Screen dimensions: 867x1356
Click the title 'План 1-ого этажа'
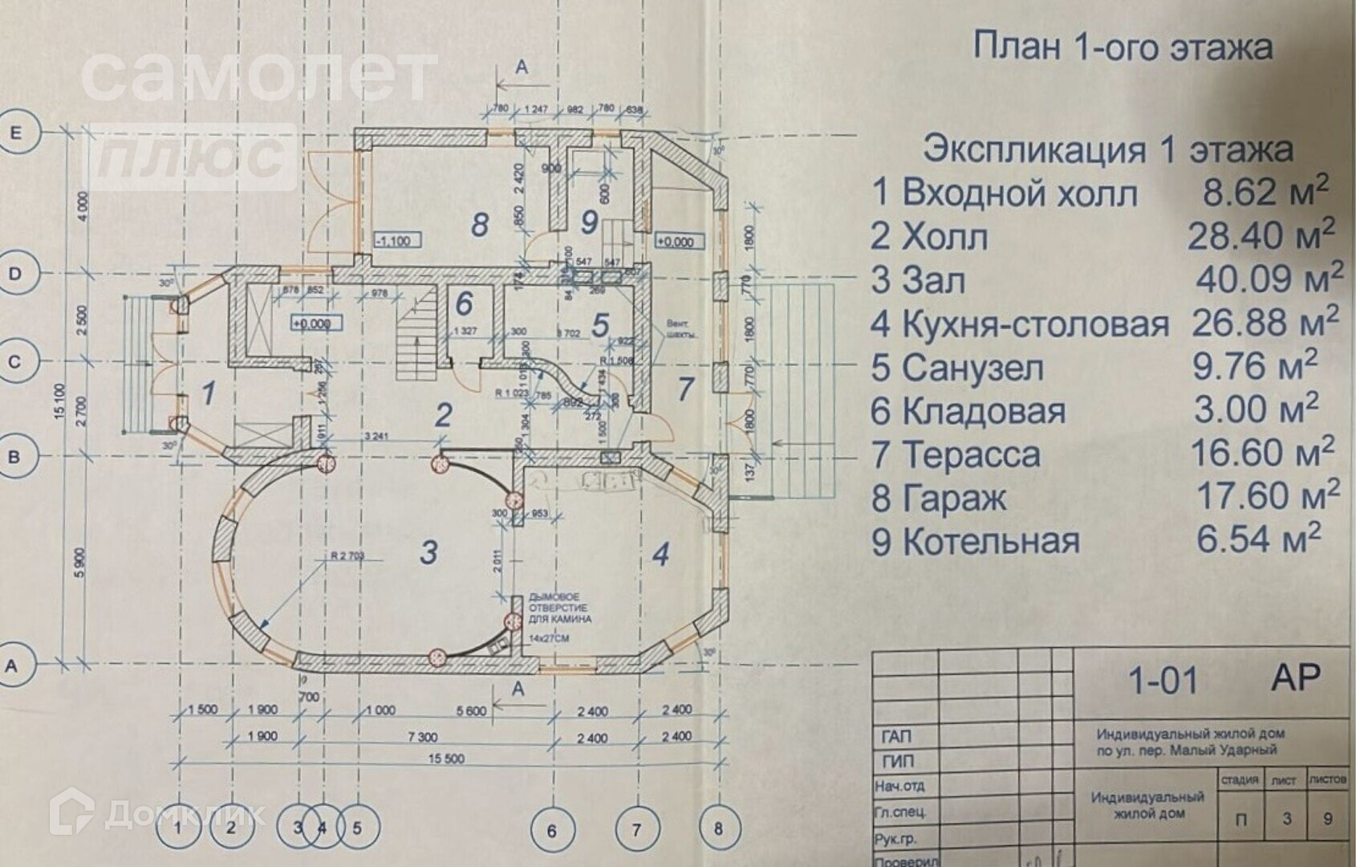(1122, 47)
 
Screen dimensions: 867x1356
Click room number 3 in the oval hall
(429, 552)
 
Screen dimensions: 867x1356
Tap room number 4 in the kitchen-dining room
(660, 554)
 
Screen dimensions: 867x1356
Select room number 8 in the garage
(480, 224)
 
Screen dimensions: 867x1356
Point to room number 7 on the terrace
(684, 389)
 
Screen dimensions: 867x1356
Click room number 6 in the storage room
(465, 304)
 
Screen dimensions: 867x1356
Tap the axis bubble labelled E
(15, 133)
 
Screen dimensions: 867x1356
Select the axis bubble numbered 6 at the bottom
(552, 829)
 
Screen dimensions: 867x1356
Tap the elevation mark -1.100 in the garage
(394, 240)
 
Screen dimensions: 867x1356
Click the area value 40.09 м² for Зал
(1268, 279)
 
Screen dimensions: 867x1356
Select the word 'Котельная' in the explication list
(991, 542)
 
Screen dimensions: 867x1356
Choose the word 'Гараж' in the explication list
(955, 499)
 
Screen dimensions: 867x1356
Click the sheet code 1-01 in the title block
(1163, 681)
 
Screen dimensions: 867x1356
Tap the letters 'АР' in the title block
(1295, 678)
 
